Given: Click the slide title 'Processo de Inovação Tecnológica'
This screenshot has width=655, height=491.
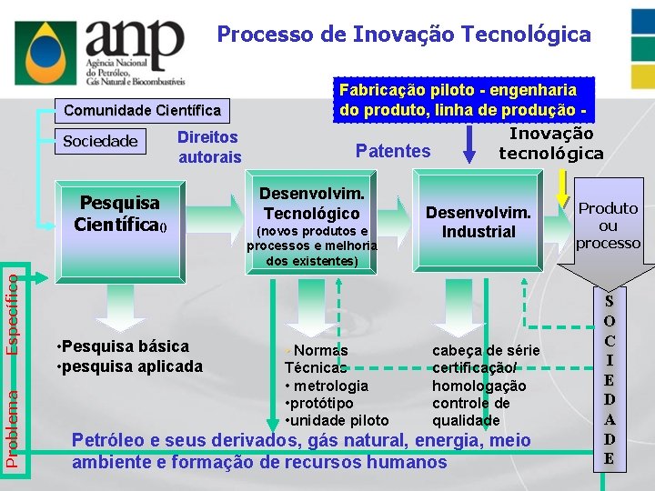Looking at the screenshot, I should coord(403,35).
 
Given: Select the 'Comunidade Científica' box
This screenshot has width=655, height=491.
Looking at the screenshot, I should coord(141,110).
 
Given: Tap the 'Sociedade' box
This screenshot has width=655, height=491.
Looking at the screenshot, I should coord(99,140).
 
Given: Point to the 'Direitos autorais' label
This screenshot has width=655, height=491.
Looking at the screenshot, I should coord(209,147).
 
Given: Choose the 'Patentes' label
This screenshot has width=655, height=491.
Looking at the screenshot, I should coord(393,151).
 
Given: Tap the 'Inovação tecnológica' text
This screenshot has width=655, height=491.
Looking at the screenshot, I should coord(551,144).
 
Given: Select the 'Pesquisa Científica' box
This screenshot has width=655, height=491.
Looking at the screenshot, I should coord(120,212).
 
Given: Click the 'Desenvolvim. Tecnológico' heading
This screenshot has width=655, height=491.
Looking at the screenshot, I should coord(311,204).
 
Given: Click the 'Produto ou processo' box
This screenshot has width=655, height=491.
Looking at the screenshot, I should coord(609,225).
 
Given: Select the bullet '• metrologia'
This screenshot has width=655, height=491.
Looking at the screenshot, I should coord(327,386).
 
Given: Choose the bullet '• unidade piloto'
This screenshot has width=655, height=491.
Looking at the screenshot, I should coord(337,420).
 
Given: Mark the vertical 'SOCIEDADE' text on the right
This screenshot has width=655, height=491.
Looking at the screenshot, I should coord(609,379).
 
